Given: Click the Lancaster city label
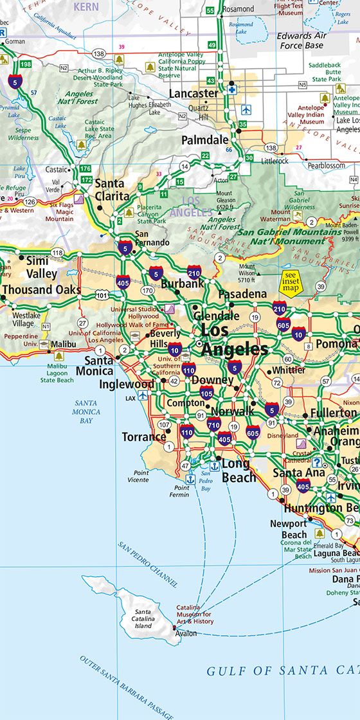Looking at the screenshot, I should point(194,94).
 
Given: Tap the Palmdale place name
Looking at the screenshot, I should point(204,139).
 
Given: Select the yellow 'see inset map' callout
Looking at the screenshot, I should point(291,282).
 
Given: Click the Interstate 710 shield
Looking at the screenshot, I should point(213,424).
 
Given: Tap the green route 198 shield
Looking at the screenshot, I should point(26,64).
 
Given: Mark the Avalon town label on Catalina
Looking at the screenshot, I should point(186,633).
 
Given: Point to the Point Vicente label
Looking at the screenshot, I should point(137,476).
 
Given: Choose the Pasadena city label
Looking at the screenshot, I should point(242,294).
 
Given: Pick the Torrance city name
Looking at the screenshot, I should point(144,437).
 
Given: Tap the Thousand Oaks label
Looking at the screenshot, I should point(42,290).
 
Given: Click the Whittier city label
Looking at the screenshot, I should point(289,370).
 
